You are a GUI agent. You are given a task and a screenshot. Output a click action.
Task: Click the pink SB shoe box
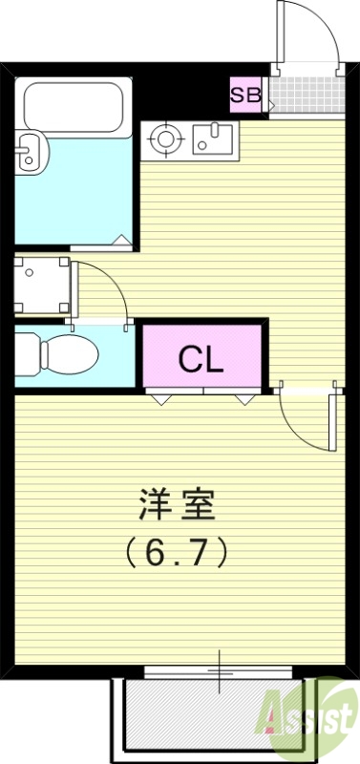click(246, 95)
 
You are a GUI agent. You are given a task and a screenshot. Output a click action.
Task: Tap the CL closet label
click(201, 360)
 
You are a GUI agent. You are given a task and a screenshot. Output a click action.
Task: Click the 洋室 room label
click(178, 503)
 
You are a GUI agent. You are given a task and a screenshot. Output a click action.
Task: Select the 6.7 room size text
click(178, 551)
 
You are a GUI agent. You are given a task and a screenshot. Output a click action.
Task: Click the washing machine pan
click(41, 285)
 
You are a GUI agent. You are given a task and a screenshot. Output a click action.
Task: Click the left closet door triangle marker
click(158, 398)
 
